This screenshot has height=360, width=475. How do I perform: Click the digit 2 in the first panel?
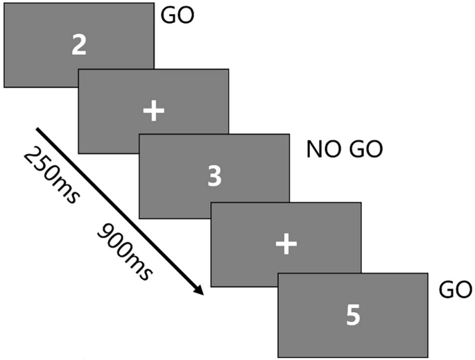click(78, 45)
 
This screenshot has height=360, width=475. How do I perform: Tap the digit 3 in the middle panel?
click(214, 176)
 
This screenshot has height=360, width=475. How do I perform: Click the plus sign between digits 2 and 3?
click(153, 111)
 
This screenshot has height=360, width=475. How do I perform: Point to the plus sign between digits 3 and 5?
click(286, 243)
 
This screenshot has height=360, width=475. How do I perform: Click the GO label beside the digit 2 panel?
click(178, 15)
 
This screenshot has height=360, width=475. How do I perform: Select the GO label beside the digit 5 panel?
click(456, 289)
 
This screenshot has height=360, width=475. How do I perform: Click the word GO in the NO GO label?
click(365, 149)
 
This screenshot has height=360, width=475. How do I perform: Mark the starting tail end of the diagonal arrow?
click(37, 129)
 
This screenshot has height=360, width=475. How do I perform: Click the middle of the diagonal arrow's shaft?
click(118, 210)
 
